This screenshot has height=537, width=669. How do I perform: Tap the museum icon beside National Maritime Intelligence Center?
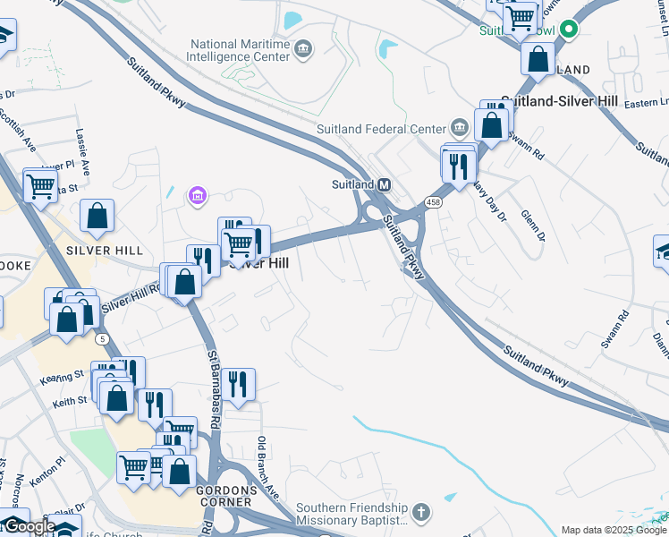(x=303, y=48)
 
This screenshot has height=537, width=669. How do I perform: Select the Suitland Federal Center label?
(x=381, y=129)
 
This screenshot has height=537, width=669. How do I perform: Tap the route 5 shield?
(x=104, y=338)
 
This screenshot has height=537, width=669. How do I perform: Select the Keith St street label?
(x=66, y=404)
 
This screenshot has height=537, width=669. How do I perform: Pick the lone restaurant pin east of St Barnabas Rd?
(x=238, y=384)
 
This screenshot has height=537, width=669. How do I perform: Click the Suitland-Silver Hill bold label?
(x=555, y=102)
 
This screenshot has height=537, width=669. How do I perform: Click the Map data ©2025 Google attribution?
(x=614, y=530)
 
